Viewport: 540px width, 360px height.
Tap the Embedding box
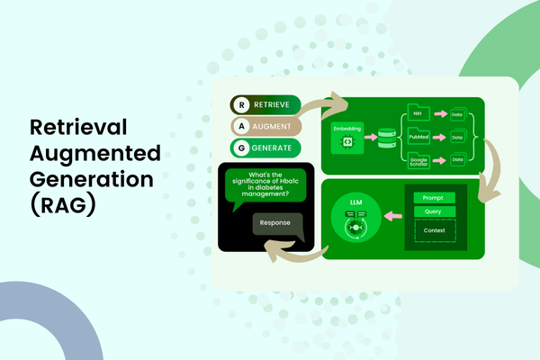tap(346, 138)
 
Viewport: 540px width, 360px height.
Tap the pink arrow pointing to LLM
tap(391, 216)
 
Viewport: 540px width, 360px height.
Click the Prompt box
tap(434, 197)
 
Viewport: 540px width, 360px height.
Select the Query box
tap(434, 212)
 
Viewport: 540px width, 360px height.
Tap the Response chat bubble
tap(275, 224)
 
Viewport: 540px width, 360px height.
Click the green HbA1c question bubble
tap(266, 186)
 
